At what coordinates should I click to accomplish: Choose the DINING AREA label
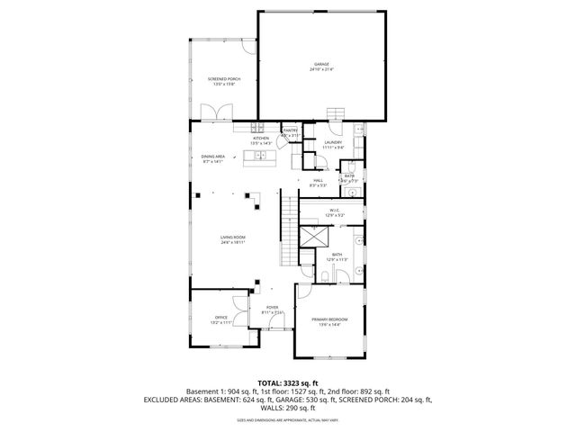(213, 158)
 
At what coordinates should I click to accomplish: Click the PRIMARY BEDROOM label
(329, 321)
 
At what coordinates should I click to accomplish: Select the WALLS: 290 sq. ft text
(287, 409)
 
